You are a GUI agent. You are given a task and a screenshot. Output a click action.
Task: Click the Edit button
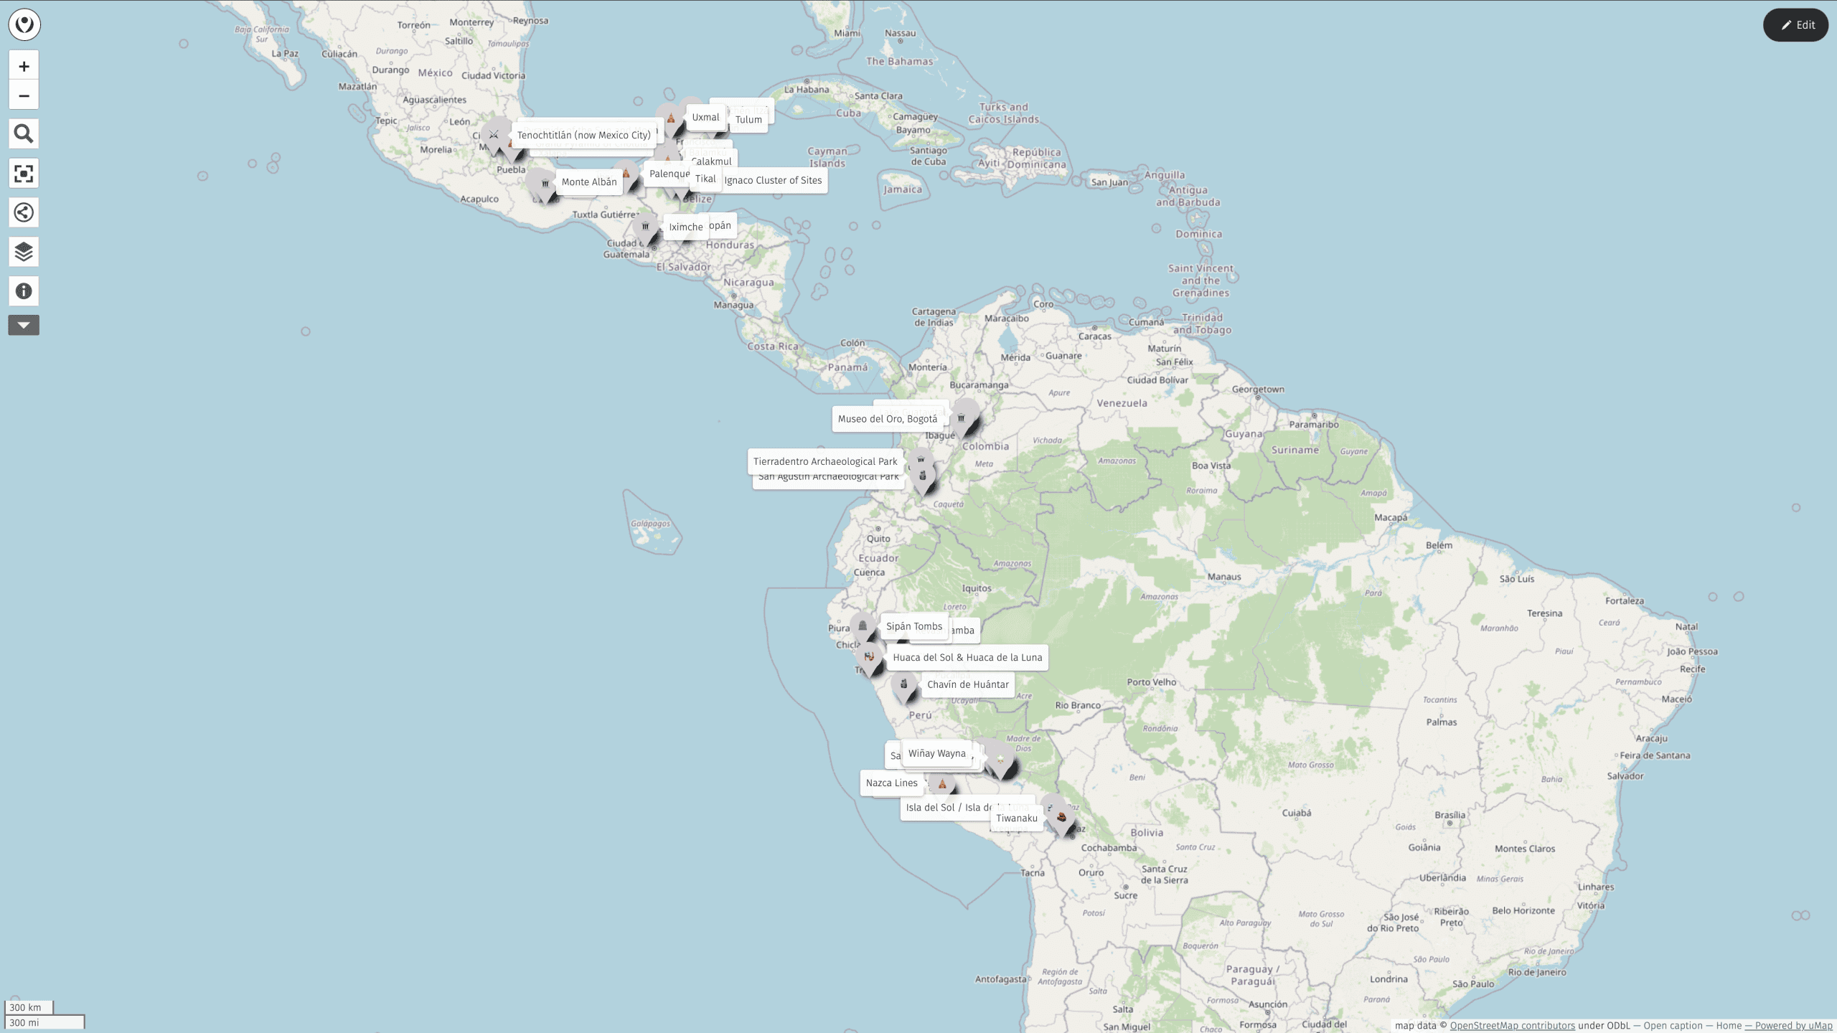[x=1795, y=25]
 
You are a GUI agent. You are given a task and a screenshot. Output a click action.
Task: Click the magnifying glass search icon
[x=24, y=134]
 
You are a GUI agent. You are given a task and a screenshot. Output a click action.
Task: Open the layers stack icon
[x=24, y=252]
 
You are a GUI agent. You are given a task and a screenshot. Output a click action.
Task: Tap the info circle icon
[x=24, y=291]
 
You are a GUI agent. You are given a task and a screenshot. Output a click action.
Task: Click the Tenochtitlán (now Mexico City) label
[x=583, y=135]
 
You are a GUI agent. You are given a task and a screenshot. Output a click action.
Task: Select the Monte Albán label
[x=588, y=182]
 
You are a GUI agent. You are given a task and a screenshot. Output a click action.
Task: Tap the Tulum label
[x=748, y=120]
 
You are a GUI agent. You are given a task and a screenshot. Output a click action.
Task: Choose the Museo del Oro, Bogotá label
[x=887, y=419]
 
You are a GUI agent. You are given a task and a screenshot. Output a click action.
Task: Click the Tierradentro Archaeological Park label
[x=824, y=461]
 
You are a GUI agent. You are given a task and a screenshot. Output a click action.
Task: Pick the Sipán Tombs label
[x=913, y=626]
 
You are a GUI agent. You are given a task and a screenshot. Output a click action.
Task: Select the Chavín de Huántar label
[x=967, y=684]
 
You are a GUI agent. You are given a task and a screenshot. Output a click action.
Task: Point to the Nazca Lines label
[x=891, y=783]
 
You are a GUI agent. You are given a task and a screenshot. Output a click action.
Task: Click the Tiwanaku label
[x=1016, y=818]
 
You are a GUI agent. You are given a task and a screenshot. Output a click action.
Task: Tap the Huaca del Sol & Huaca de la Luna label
[x=967, y=657]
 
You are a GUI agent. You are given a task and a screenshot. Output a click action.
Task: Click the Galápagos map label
[x=650, y=524]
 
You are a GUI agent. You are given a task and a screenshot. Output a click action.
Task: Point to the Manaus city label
[x=1223, y=577]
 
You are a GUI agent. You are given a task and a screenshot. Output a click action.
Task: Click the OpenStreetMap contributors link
[x=1512, y=1026]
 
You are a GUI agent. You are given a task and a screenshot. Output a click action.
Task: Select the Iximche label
[x=685, y=227]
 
